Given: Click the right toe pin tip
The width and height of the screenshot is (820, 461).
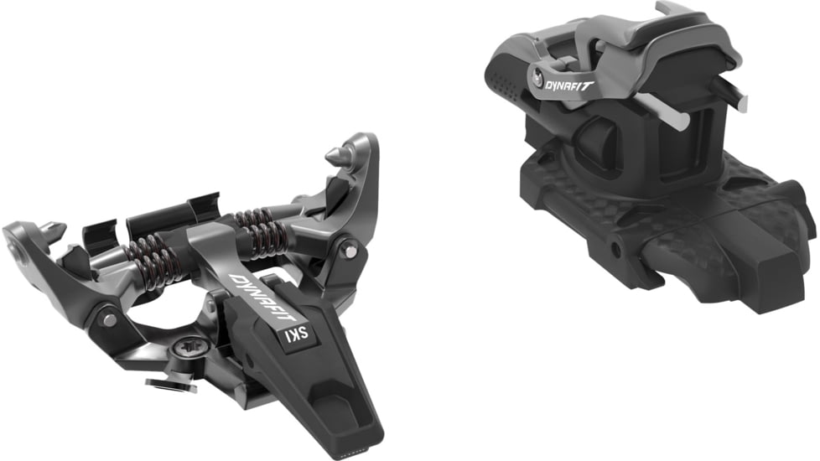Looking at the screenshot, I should pos(334,156).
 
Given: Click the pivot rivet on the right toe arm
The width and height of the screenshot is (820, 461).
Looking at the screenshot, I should pos(349,250).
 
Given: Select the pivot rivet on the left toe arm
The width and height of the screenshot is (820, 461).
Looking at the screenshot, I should pos(109,319).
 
